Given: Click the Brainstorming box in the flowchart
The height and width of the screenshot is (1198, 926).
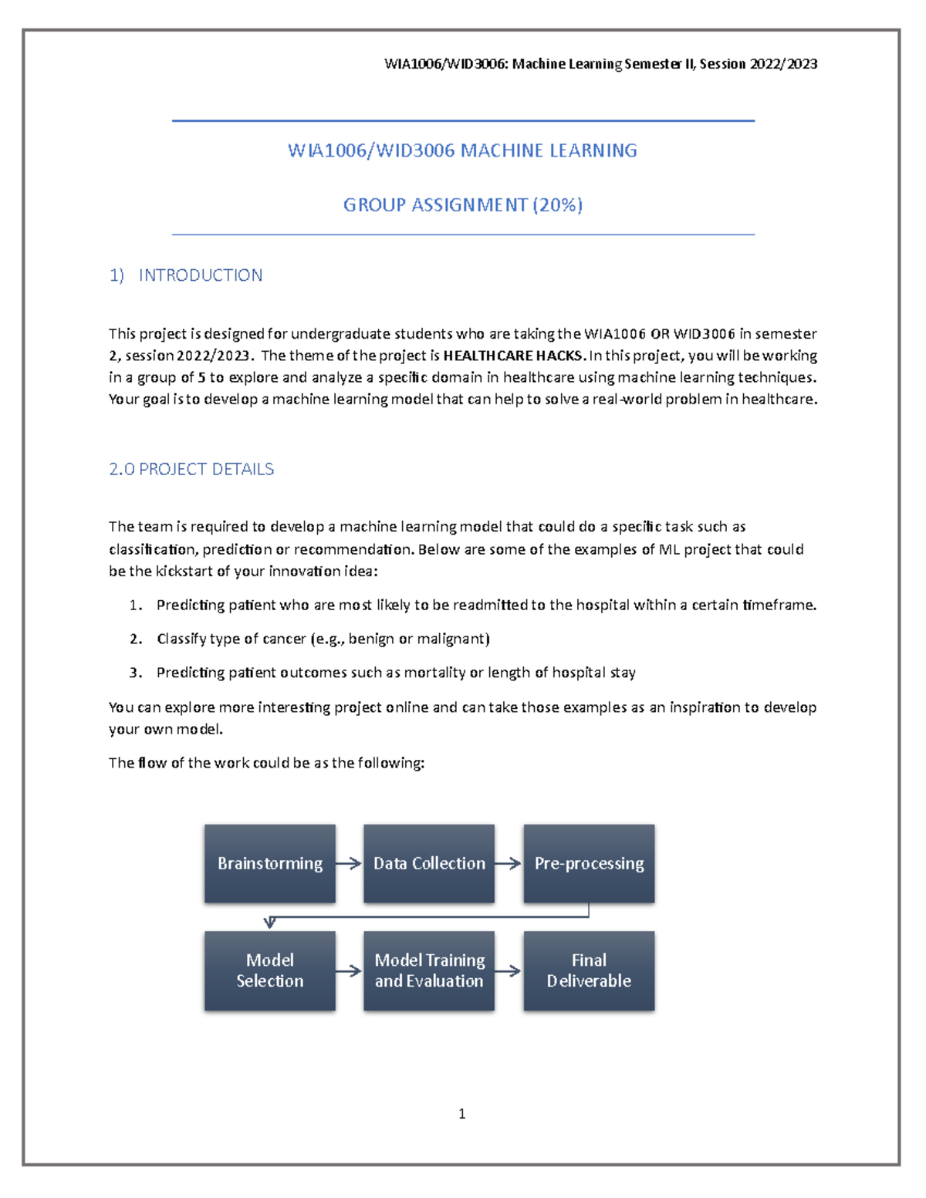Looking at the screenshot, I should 269,863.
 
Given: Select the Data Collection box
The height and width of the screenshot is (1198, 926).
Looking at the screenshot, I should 429,863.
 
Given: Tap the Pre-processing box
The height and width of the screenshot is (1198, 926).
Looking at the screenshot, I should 589,863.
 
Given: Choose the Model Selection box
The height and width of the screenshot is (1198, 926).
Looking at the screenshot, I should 269,970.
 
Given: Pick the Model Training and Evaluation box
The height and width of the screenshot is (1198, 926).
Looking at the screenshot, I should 429,970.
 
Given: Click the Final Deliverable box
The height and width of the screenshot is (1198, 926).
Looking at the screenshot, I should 589,970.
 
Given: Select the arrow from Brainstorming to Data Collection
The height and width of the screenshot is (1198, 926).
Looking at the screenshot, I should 349,863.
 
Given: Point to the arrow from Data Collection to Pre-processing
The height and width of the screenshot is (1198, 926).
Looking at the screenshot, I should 509,863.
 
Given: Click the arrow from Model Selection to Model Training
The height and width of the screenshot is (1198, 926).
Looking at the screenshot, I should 349,970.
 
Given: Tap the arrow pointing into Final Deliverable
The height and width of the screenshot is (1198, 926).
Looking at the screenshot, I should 509,970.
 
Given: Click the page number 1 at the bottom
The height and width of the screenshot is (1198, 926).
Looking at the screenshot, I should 461,1113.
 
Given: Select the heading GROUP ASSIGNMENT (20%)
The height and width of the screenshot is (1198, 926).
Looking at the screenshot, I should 462,204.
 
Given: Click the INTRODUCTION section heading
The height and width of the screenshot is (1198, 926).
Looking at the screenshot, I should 200,275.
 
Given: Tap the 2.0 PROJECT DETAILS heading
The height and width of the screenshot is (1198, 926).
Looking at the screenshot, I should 191,469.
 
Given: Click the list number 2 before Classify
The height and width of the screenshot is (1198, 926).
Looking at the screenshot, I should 135,639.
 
